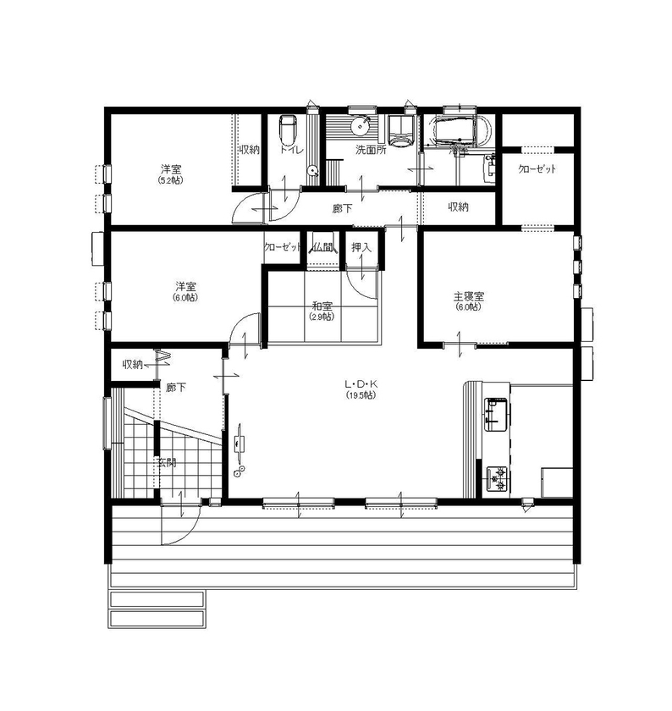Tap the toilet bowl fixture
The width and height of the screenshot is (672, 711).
click(x=288, y=130)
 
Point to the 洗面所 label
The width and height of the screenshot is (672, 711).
click(x=370, y=150)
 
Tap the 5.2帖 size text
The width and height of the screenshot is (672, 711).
click(x=170, y=180)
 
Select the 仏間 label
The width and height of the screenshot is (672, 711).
click(x=322, y=247)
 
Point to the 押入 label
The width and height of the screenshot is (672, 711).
click(x=362, y=247)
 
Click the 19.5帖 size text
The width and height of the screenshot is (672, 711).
click(x=360, y=395)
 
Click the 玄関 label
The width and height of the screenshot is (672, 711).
click(x=166, y=463)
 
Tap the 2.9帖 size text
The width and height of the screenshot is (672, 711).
click(x=322, y=317)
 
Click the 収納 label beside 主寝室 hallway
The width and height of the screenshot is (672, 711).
click(x=459, y=207)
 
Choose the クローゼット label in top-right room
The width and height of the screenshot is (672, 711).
click(x=537, y=169)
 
